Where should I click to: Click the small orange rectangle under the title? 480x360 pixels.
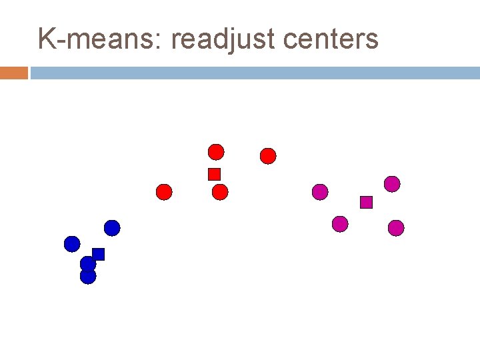(14, 73)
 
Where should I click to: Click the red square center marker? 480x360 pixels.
(214, 174)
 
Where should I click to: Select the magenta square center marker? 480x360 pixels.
(366, 202)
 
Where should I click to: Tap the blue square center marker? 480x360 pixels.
(99, 253)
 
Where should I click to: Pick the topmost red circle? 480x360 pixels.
(216, 152)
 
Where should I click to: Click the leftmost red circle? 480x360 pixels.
(164, 192)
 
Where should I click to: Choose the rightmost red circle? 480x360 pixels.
(267, 156)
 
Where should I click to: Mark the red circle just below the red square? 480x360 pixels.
(220, 193)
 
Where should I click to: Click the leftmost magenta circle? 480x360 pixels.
(320, 192)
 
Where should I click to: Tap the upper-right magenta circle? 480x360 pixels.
(392, 184)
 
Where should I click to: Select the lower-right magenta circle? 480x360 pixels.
(396, 228)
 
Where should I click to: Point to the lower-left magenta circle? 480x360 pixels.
(340, 224)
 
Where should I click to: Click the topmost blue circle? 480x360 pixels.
(112, 228)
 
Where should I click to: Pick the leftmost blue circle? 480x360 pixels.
(72, 244)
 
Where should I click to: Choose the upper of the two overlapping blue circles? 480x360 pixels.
(87, 263)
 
